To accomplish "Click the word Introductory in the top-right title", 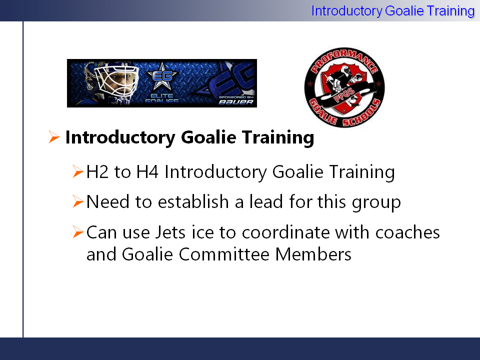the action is pyautogui.click(x=346, y=11).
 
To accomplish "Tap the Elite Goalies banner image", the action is pyautogui.click(x=162, y=83).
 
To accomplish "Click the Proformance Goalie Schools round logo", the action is pyautogui.click(x=344, y=87).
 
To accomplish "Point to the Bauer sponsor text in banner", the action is pyautogui.click(x=236, y=102).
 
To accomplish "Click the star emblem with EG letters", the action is pyautogui.click(x=162, y=75).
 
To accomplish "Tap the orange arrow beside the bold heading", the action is pyautogui.click(x=54, y=137).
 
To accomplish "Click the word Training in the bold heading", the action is pyautogui.click(x=278, y=137).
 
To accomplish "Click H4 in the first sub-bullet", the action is pyautogui.click(x=147, y=171).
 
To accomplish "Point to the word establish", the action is pyautogui.click(x=193, y=201).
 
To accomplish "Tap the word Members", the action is pyautogui.click(x=313, y=254).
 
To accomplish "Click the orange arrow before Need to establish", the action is pyautogui.click(x=78, y=201).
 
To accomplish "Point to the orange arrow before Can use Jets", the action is pyautogui.click(x=78, y=231).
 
